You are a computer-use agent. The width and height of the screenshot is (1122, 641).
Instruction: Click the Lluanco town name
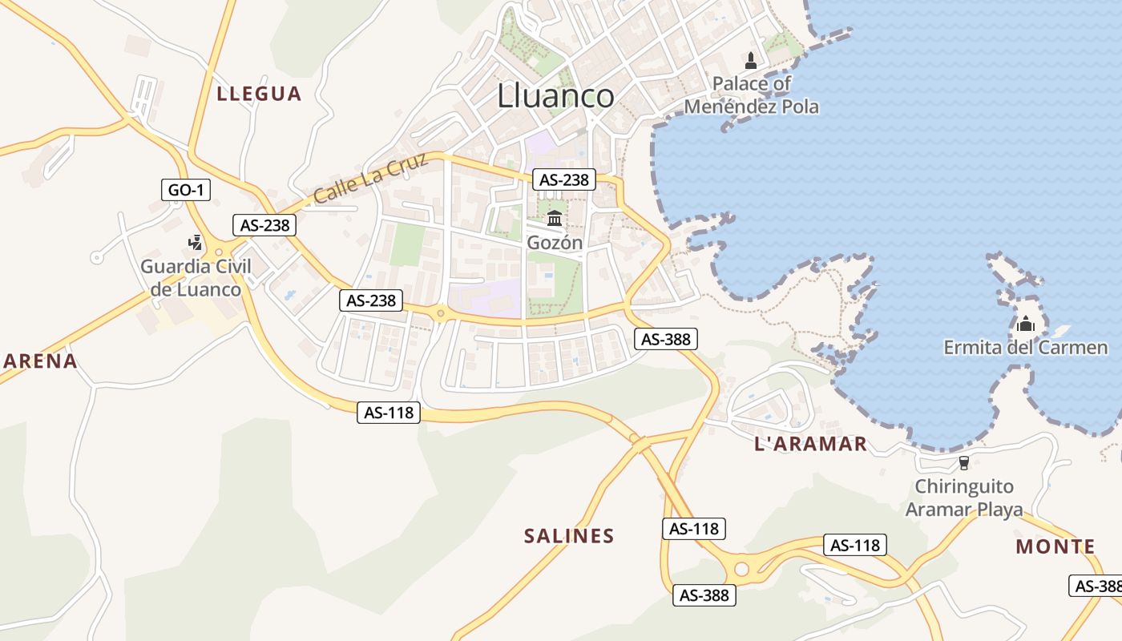pos(555,96)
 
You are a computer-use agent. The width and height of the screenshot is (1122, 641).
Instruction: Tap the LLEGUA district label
pos(259,94)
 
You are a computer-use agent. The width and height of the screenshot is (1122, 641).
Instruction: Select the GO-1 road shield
pos(186,190)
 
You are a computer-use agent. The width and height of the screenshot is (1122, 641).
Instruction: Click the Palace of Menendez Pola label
pos(752,95)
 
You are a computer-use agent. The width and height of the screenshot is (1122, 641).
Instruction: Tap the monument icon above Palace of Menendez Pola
pos(751,60)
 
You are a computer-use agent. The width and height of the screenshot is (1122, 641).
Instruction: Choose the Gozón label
pos(555,242)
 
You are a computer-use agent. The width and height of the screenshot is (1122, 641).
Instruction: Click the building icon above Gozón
pos(555,218)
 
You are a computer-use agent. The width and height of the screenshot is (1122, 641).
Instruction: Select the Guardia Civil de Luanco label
pos(196,278)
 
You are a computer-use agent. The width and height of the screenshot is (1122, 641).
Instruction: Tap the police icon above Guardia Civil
pos(195,242)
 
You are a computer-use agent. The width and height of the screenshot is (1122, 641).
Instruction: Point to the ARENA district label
pos(40,361)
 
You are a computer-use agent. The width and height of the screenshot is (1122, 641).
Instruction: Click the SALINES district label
pos(569,536)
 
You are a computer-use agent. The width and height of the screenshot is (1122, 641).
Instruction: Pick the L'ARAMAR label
pos(811,444)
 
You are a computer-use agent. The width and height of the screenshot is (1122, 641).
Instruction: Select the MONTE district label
pos(1055,547)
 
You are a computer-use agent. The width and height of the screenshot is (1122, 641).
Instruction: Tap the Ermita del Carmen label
pos(1025,348)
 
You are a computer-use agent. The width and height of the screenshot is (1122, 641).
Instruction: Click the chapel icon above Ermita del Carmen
pos(1025,325)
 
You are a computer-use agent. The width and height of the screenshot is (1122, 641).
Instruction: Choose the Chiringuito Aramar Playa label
pos(964,498)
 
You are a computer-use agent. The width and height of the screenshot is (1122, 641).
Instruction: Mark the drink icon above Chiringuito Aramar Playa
pos(963,463)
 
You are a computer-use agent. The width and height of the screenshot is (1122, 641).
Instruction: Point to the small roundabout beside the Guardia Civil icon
pos(219,252)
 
